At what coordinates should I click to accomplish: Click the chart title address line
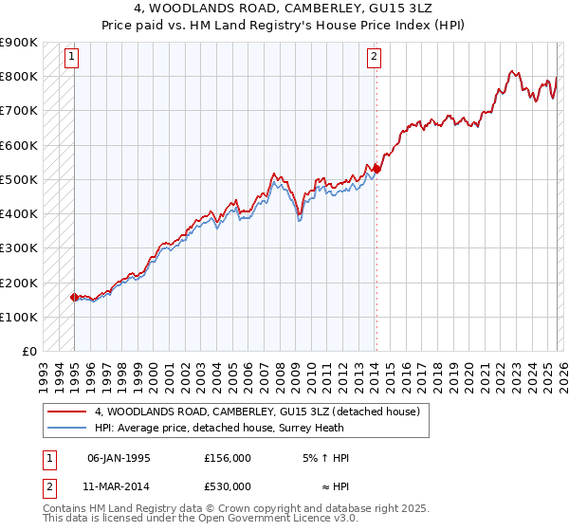[284, 9]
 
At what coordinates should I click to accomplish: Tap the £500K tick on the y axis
[19, 179]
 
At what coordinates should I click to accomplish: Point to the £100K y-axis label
[19, 317]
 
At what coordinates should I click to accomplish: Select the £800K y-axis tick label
[19, 76]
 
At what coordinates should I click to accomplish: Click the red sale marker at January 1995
[74, 297]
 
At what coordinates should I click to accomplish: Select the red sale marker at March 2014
[376, 169]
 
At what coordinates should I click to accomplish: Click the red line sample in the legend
[67, 412]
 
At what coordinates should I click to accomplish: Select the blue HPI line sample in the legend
[67, 428]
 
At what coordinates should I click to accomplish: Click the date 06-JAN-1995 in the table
[119, 458]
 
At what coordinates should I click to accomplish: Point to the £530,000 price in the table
[228, 486]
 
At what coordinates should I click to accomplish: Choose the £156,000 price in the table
[228, 458]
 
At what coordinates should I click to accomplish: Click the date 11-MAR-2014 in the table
[119, 486]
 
